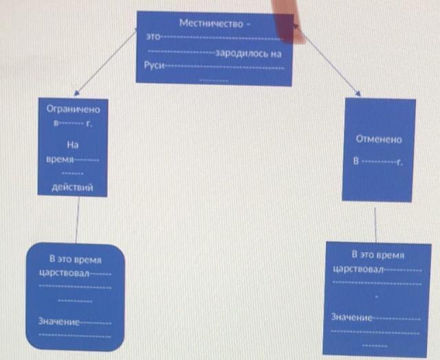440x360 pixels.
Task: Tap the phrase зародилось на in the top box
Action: click(248, 52)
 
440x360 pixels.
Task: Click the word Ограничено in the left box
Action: click(73, 109)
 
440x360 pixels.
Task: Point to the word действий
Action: click(72, 187)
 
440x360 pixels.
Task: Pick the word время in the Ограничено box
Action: click(59, 159)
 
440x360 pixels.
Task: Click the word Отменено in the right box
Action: click(379, 138)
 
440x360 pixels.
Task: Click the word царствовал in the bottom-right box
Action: click(358, 268)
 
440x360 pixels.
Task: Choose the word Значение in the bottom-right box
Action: click(352, 317)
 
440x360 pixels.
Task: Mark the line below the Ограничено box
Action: click(77, 220)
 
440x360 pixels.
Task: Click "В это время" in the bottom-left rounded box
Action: click(75, 260)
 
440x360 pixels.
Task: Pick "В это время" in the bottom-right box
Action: click(377, 254)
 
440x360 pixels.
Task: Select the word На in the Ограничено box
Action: click(72, 145)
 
